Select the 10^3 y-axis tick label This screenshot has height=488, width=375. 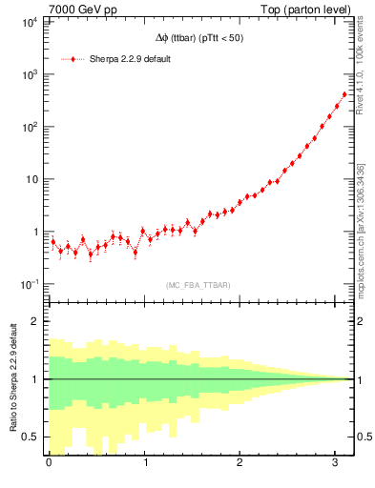28,73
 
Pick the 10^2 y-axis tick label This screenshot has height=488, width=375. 28,126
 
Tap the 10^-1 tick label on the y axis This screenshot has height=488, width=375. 27,284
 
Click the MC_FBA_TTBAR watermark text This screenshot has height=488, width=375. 198,285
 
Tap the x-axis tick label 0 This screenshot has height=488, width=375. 50,463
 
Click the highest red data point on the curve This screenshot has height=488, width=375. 344,94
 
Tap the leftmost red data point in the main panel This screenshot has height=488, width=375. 53,242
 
